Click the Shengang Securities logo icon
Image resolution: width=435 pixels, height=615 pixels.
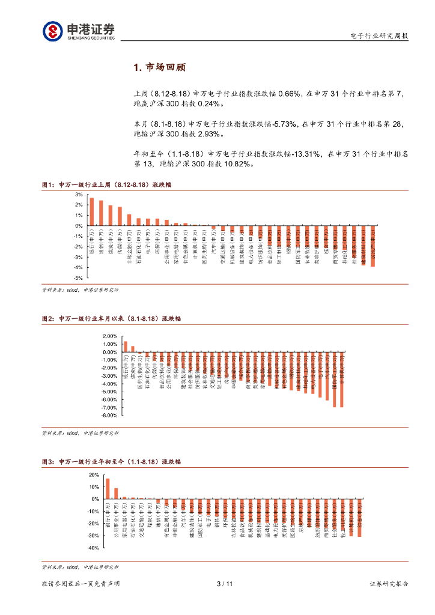click(52, 31)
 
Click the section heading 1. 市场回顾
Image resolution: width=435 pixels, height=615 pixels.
click(159, 67)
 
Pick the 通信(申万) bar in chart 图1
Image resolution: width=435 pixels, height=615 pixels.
click(101, 213)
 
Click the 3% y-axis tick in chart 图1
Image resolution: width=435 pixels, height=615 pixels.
click(79, 195)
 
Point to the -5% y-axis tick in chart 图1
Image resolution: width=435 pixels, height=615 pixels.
click(78, 278)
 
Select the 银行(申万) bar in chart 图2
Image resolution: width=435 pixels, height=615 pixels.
click(126, 347)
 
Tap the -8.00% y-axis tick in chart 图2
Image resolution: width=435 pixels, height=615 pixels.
click(110, 415)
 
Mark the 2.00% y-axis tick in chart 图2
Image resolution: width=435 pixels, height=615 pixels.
click(110, 336)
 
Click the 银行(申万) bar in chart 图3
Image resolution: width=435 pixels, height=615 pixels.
click(108, 488)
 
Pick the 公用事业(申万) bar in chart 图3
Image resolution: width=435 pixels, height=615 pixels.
click(116, 494)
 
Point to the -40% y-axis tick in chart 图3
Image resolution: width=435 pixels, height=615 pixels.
click(93, 548)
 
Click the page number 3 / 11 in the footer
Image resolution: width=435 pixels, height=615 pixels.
click(224, 584)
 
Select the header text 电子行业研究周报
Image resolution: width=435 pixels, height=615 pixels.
click(379, 36)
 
